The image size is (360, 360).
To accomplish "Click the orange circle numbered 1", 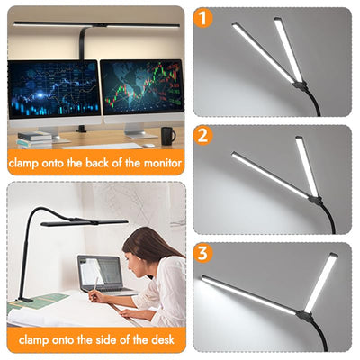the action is (x=203, y=18).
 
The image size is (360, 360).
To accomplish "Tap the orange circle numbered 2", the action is (x=203, y=136).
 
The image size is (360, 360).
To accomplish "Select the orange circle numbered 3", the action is (x=203, y=253).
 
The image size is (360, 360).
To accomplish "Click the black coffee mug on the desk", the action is (x=168, y=136).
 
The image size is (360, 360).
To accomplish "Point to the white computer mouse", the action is (x=148, y=146).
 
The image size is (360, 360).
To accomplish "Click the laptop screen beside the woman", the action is (x=100, y=272).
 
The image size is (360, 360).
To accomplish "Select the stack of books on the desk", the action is (x=34, y=140).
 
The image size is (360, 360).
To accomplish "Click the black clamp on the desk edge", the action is (x=23, y=299).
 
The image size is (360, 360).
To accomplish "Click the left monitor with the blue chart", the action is (x=54, y=89).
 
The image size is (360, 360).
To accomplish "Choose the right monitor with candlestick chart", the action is (x=142, y=86).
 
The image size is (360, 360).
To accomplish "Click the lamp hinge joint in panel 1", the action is (x=300, y=85).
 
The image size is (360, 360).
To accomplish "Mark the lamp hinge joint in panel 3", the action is (x=303, y=315).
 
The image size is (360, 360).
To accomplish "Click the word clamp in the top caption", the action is (x=23, y=164).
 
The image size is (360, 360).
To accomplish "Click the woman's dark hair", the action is (x=150, y=245).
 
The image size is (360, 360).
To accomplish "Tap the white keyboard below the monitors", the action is (x=102, y=147).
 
